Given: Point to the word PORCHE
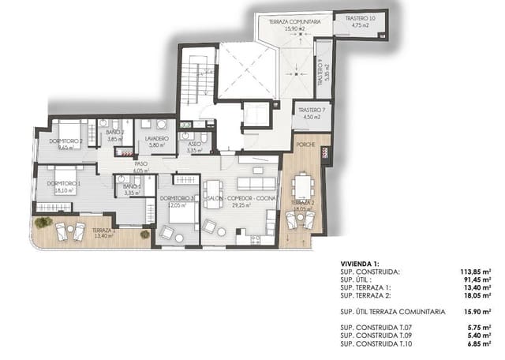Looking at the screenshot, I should coord(305,146).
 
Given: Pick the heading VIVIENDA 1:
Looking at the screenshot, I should coord(361,264).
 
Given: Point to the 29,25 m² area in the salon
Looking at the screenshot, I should coord(240,204).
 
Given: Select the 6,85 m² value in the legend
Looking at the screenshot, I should coord(481,345).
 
